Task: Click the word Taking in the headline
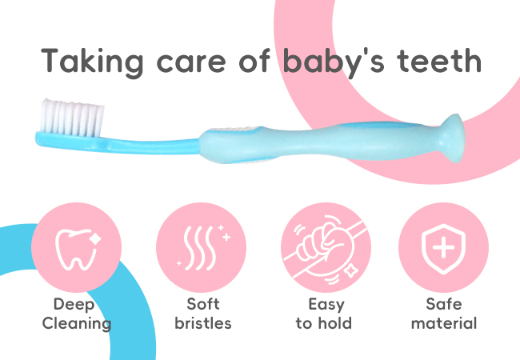point(92,62)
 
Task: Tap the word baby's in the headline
point(334,62)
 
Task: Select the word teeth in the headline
point(439,61)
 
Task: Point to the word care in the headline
point(191,63)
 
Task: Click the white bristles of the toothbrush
point(72,118)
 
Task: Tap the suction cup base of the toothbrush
point(452,138)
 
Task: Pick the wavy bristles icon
point(203,247)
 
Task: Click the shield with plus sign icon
point(443,249)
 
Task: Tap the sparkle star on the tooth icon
point(95,238)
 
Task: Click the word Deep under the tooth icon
point(74,305)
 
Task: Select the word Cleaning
point(77,324)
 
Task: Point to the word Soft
point(203,304)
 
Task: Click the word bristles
point(203,323)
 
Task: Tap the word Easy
point(326,305)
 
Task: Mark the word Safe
point(444,304)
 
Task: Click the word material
point(444,323)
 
